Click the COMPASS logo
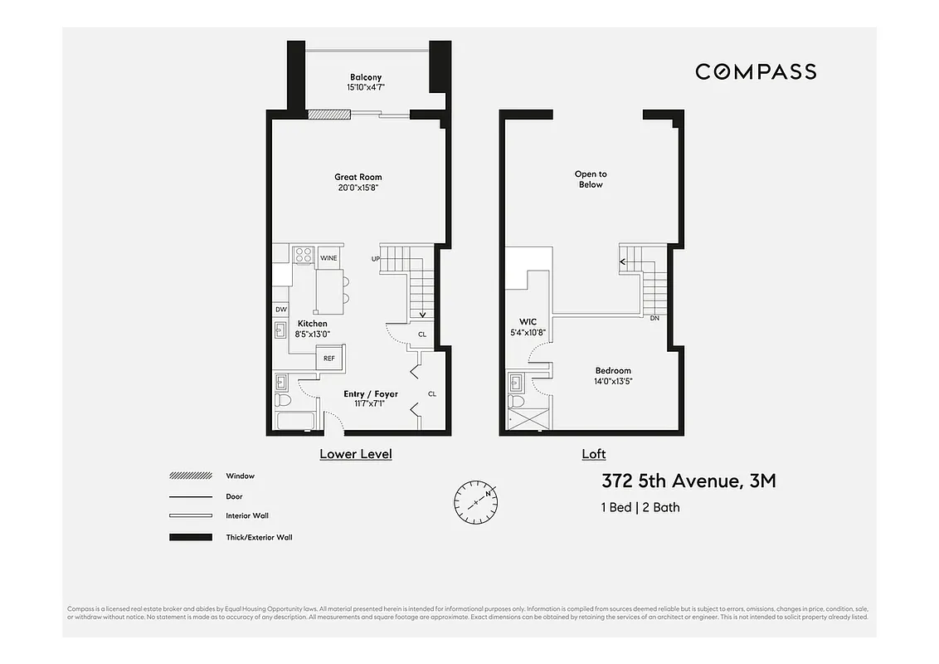(x=755, y=71)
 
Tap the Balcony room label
(x=365, y=77)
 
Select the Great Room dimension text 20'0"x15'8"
(x=358, y=188)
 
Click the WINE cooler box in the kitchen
(x=329, y=257)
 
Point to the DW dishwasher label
(x=280, y=310)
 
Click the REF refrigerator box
(x=329, y=359)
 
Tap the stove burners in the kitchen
(x=304, y=256)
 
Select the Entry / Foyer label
(x=371, y=394)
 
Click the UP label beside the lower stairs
(x=376, y=259)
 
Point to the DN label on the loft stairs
(x=654, y=318)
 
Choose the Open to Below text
(x=590, y=179)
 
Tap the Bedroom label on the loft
(x=613, y=371)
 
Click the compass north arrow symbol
(x=475, y=500)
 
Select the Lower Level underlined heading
(x=356, y=454)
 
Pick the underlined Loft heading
(x=594, y=454)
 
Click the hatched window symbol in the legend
(x=190, y=476)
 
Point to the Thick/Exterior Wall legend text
(x=259, y=537)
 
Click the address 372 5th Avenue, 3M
(x=688, y=481)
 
